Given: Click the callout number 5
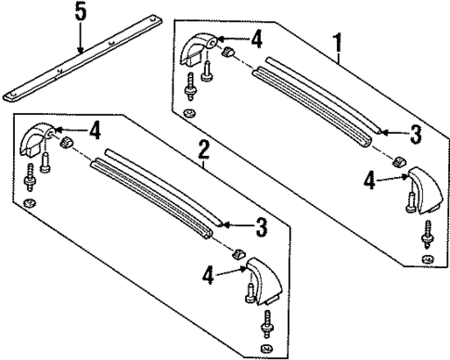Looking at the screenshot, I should point(80,14).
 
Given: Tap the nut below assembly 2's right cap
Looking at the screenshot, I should point(266,349).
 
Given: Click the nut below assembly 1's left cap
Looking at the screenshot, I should point(189,114).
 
